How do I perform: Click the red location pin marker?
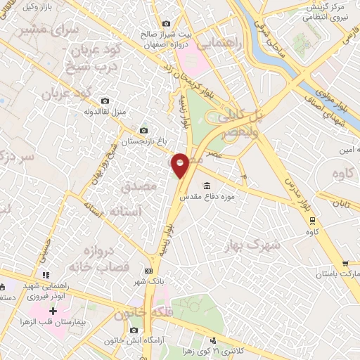(x=181, y=165)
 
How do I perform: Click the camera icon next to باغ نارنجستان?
(x=144, y=130)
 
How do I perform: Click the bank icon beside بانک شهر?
(x=148, y=271)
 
